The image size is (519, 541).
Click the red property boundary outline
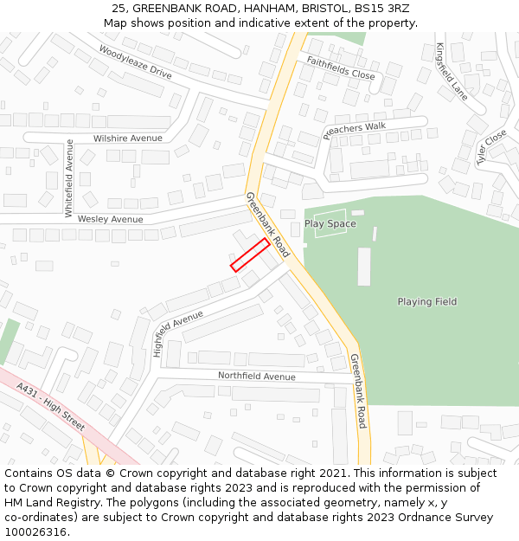250,254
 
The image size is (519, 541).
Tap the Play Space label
330,224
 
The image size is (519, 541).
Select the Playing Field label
426,302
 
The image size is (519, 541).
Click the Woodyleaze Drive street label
135,61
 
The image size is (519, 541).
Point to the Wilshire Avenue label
127,138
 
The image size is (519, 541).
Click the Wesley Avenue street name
110,220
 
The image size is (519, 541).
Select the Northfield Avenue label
256,377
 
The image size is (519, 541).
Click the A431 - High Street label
51,409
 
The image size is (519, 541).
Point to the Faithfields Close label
341,68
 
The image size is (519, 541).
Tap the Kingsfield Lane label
452,72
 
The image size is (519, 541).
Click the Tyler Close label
491,147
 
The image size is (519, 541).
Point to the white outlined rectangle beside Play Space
330,224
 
